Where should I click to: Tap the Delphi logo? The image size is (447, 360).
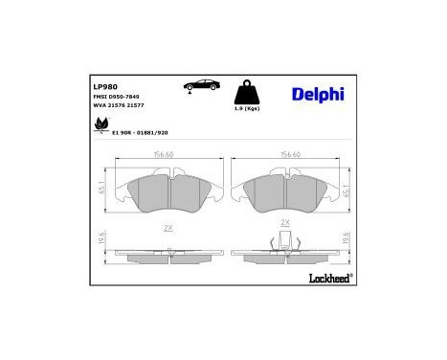click(310, 93)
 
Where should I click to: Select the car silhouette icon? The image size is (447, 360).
click(190, 85)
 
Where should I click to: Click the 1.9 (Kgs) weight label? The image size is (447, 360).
click(249, 115)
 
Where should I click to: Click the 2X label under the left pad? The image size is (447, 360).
click(168, 228)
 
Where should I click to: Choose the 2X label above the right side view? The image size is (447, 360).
click(284, 222)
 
